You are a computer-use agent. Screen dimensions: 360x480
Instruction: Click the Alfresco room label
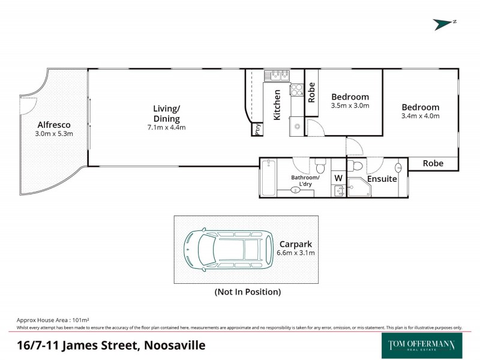click(54, 125)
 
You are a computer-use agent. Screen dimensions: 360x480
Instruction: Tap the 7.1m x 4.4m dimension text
click(166, 127)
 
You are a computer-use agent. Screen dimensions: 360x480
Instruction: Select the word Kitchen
click(277, 105)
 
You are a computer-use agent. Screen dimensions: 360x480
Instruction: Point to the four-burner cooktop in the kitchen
click(296, 90)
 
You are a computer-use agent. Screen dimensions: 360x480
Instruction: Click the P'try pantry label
click(257, 130)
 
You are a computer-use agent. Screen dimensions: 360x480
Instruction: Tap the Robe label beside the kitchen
click(311, 92)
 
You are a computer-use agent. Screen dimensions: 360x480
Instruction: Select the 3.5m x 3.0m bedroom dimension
click(350, 106)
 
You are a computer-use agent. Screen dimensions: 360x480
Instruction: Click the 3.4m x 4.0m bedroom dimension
click(420, 116)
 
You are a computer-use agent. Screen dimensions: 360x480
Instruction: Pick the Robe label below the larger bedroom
click(433, 163)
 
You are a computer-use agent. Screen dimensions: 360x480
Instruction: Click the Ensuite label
click(382, 179)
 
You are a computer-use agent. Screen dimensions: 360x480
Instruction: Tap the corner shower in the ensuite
click(359, 187)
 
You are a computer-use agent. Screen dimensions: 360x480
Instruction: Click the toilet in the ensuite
click(356, 166)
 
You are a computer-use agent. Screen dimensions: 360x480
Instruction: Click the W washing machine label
click(338, 178)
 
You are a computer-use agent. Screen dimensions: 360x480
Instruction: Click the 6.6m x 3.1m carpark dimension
click(295, 253)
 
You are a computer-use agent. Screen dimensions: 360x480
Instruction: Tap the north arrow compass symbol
click(445, 23)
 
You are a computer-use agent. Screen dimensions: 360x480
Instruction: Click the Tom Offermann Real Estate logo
click(422, 345)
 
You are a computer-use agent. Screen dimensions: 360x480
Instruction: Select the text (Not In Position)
click(247, 292)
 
